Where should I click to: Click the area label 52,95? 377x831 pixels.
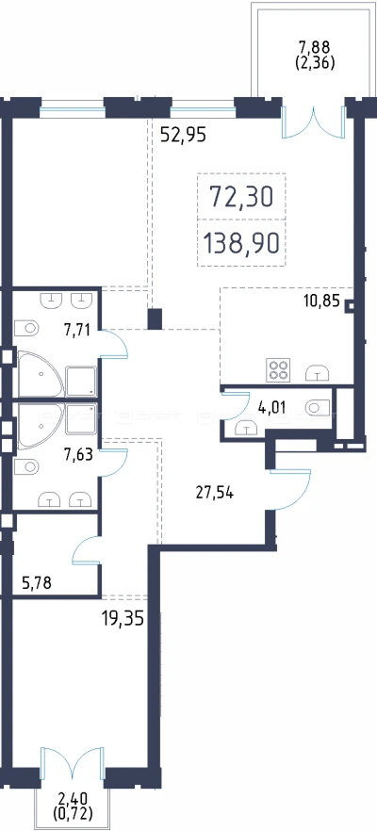(183, 135)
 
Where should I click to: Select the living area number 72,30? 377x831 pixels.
(242, 197)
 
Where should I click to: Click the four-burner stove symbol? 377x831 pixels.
(278, 369)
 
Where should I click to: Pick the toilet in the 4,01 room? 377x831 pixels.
(319, 407)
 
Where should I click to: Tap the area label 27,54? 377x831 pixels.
(215, 493)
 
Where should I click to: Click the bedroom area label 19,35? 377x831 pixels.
(123, 618)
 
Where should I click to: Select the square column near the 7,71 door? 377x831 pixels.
(155, 319)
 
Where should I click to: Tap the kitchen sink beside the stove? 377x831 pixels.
(317, 373)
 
